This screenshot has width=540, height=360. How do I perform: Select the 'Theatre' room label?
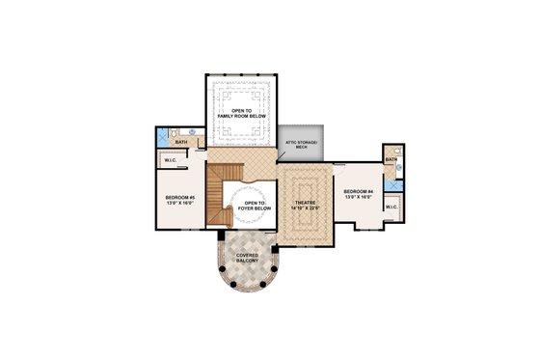[306, 202]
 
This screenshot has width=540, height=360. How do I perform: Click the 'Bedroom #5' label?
[179, 199]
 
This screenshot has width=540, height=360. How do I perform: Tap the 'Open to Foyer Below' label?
[255, 206]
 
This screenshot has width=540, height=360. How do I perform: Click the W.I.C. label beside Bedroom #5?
[171, 160]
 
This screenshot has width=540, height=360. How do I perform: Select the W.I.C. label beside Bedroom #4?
[391, 207]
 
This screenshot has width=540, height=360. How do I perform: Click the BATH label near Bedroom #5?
[179, 143]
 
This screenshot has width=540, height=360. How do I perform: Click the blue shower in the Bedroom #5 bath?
[162, 135]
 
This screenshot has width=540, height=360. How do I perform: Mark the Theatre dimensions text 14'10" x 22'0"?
[306, 208]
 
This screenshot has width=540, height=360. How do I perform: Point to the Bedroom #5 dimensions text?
[179, 205]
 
